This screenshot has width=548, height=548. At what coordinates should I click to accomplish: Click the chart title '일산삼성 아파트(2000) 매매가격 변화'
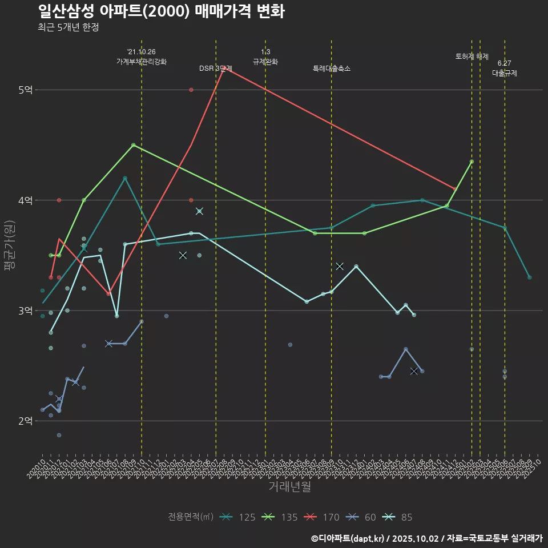(x=162, y=11)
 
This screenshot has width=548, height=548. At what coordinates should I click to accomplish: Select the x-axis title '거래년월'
(x=289, y=487)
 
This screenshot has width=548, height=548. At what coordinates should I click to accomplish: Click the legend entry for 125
(x=238, y=517)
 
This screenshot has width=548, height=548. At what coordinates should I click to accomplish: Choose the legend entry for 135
(x=281, y=517)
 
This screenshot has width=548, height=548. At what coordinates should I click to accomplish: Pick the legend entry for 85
(x=398, y=517)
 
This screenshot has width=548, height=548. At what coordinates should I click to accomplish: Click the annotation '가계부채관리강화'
(x=142, y=61)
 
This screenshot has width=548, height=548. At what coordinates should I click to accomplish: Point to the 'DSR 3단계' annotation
(x=216, y=68)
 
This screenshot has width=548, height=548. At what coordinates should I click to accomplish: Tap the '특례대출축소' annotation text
(x=332, y=68)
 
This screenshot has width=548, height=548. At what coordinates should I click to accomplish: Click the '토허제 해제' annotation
(x=472, y=57)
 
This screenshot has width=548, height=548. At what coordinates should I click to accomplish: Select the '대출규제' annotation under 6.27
(x=505, y=73)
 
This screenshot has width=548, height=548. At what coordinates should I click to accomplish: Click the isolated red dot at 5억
(x=191, y=90)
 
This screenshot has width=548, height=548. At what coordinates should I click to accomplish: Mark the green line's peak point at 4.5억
(x=133, y=145)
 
